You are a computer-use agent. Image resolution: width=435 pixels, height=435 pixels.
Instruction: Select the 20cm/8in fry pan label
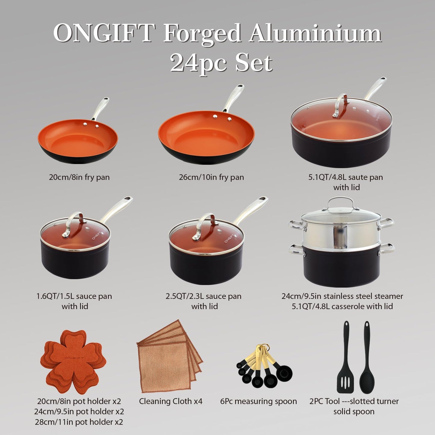pyautogui.click(x=79, y=177)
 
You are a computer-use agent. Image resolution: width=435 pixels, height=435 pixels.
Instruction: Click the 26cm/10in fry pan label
pyautogui.click(x=211, y=177)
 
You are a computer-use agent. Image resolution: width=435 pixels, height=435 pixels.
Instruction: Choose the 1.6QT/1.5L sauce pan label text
pyautogui.click(x=74, y=296)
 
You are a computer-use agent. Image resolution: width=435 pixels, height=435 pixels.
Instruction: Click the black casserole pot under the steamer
pyautogui.click(x=342, y=268)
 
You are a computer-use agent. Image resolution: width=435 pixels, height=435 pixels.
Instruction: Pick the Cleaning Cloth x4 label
pyautogui.click(x=171, y=401)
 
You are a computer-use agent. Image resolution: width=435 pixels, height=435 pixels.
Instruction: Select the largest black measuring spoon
pyautogui.click(x=284, y=374)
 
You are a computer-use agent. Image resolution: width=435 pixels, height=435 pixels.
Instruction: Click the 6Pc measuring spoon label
pyautogui.click(x=259, y=401)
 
